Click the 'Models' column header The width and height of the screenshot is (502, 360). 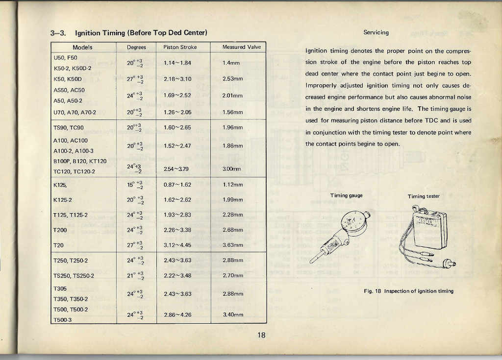pos(82,48)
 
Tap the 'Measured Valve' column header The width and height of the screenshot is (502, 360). pos(241,48)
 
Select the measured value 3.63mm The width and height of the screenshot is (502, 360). pos(233,245)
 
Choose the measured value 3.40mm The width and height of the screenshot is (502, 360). pos(233,314)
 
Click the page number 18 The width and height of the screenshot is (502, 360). pos(261,336)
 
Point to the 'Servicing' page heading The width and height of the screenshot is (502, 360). pos(376,33)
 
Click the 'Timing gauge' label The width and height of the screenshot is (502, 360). pos(346,195)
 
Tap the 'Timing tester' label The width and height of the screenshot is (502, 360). pos(424,196)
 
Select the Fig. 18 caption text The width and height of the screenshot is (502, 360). pos(408,291)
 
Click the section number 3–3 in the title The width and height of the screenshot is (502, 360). pos(58,33)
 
